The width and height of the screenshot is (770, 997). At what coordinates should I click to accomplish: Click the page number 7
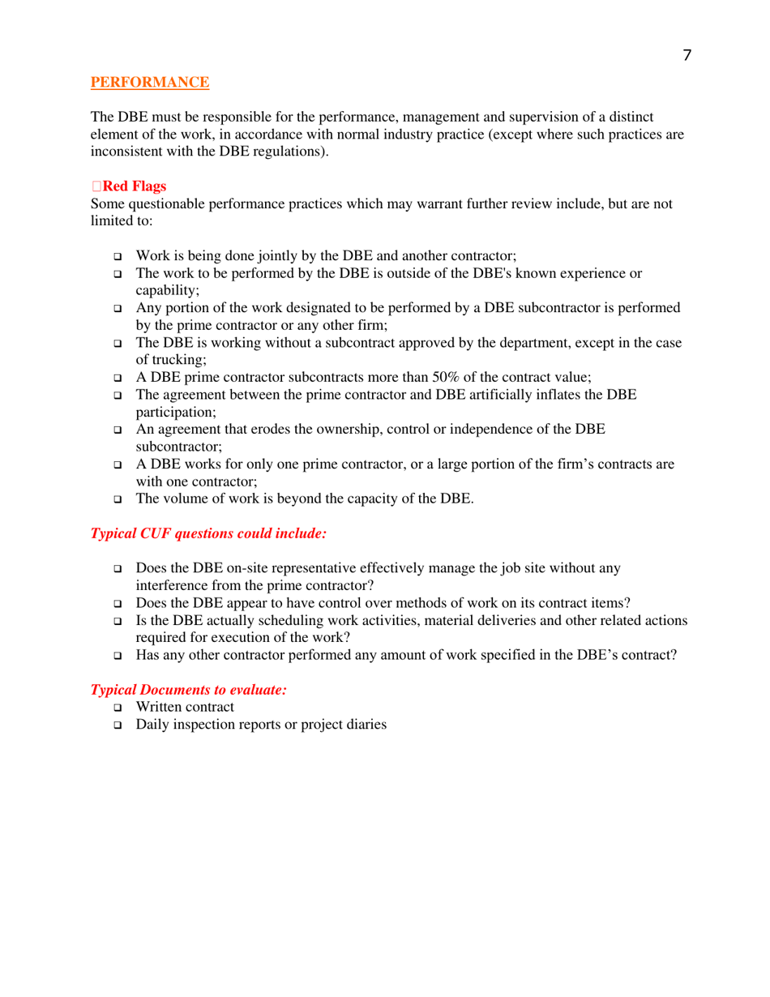coord(687,55)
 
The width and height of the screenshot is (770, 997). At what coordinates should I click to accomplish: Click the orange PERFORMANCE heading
coord(150,82)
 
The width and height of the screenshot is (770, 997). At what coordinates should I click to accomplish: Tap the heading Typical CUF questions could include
coord(208,534)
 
